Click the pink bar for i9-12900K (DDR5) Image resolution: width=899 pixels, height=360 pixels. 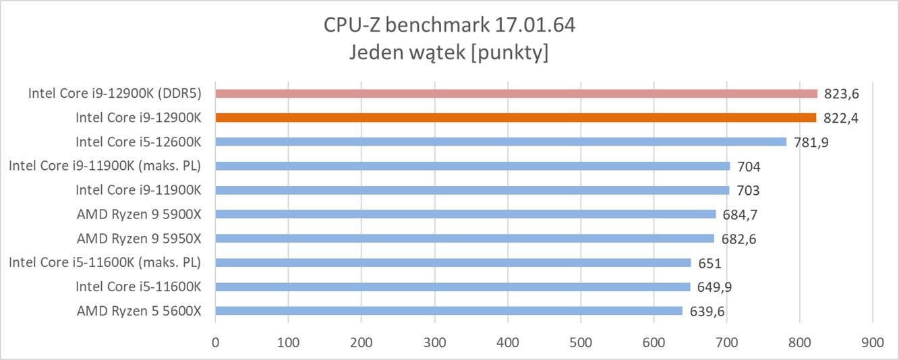pos(516,94)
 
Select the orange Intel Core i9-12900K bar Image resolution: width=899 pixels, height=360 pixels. pos(516,117)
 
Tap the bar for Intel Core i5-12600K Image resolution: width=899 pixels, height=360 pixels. pos(500,142)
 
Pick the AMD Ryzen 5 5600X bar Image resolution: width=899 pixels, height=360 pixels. pos(448,311)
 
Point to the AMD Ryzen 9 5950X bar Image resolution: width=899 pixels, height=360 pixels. pos(464,238)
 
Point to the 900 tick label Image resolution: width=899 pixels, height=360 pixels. pos(872,342)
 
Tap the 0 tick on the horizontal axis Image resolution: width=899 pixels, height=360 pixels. pos(215,342)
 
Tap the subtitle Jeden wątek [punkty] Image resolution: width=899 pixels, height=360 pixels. pos(448,53)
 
